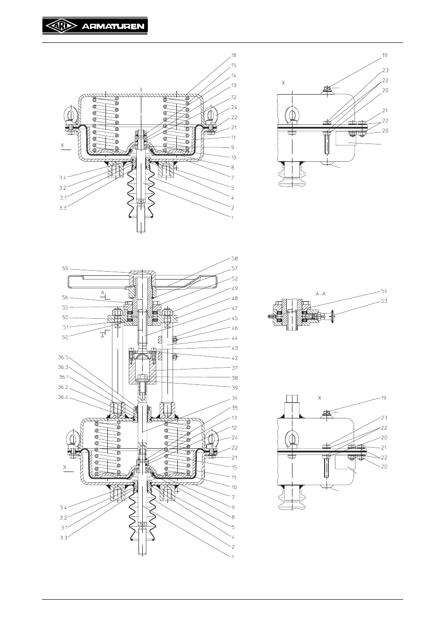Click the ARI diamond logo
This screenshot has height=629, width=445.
61,26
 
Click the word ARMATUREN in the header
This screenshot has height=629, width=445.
113,27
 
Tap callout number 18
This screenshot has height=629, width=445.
234,55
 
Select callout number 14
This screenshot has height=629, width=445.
234,75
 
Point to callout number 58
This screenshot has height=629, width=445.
235,258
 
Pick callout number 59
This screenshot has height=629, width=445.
65,268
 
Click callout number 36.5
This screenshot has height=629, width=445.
63,357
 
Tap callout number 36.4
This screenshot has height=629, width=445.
63,397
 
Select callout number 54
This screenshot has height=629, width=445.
384,291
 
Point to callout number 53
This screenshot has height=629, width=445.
384,301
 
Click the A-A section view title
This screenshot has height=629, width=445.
321,294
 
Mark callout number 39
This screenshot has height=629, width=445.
235,388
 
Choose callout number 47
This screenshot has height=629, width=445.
235,308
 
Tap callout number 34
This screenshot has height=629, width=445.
235,398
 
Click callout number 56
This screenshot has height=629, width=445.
65,297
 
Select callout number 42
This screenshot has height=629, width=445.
235,358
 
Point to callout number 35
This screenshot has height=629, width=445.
235,408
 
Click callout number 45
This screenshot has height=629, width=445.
235,318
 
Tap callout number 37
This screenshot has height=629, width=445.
235,368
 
